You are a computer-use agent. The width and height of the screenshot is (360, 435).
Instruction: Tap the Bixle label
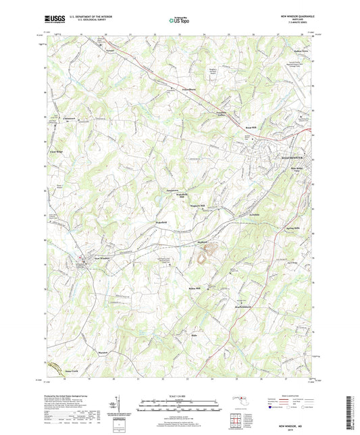[x=193, y=336]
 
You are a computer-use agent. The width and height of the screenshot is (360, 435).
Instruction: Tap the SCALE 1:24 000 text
[x=180, y=396]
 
